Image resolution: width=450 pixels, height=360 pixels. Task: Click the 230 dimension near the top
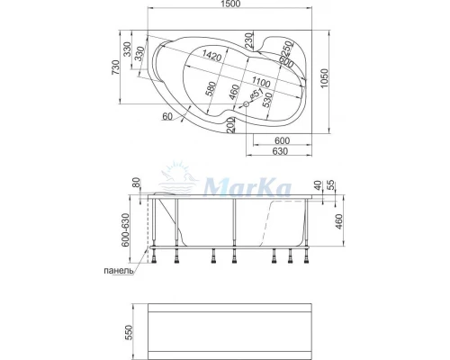(x=248, y=41)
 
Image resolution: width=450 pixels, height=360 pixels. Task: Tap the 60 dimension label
(x=167, y=116)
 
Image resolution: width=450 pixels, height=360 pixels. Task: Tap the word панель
(x=119, y=270)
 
